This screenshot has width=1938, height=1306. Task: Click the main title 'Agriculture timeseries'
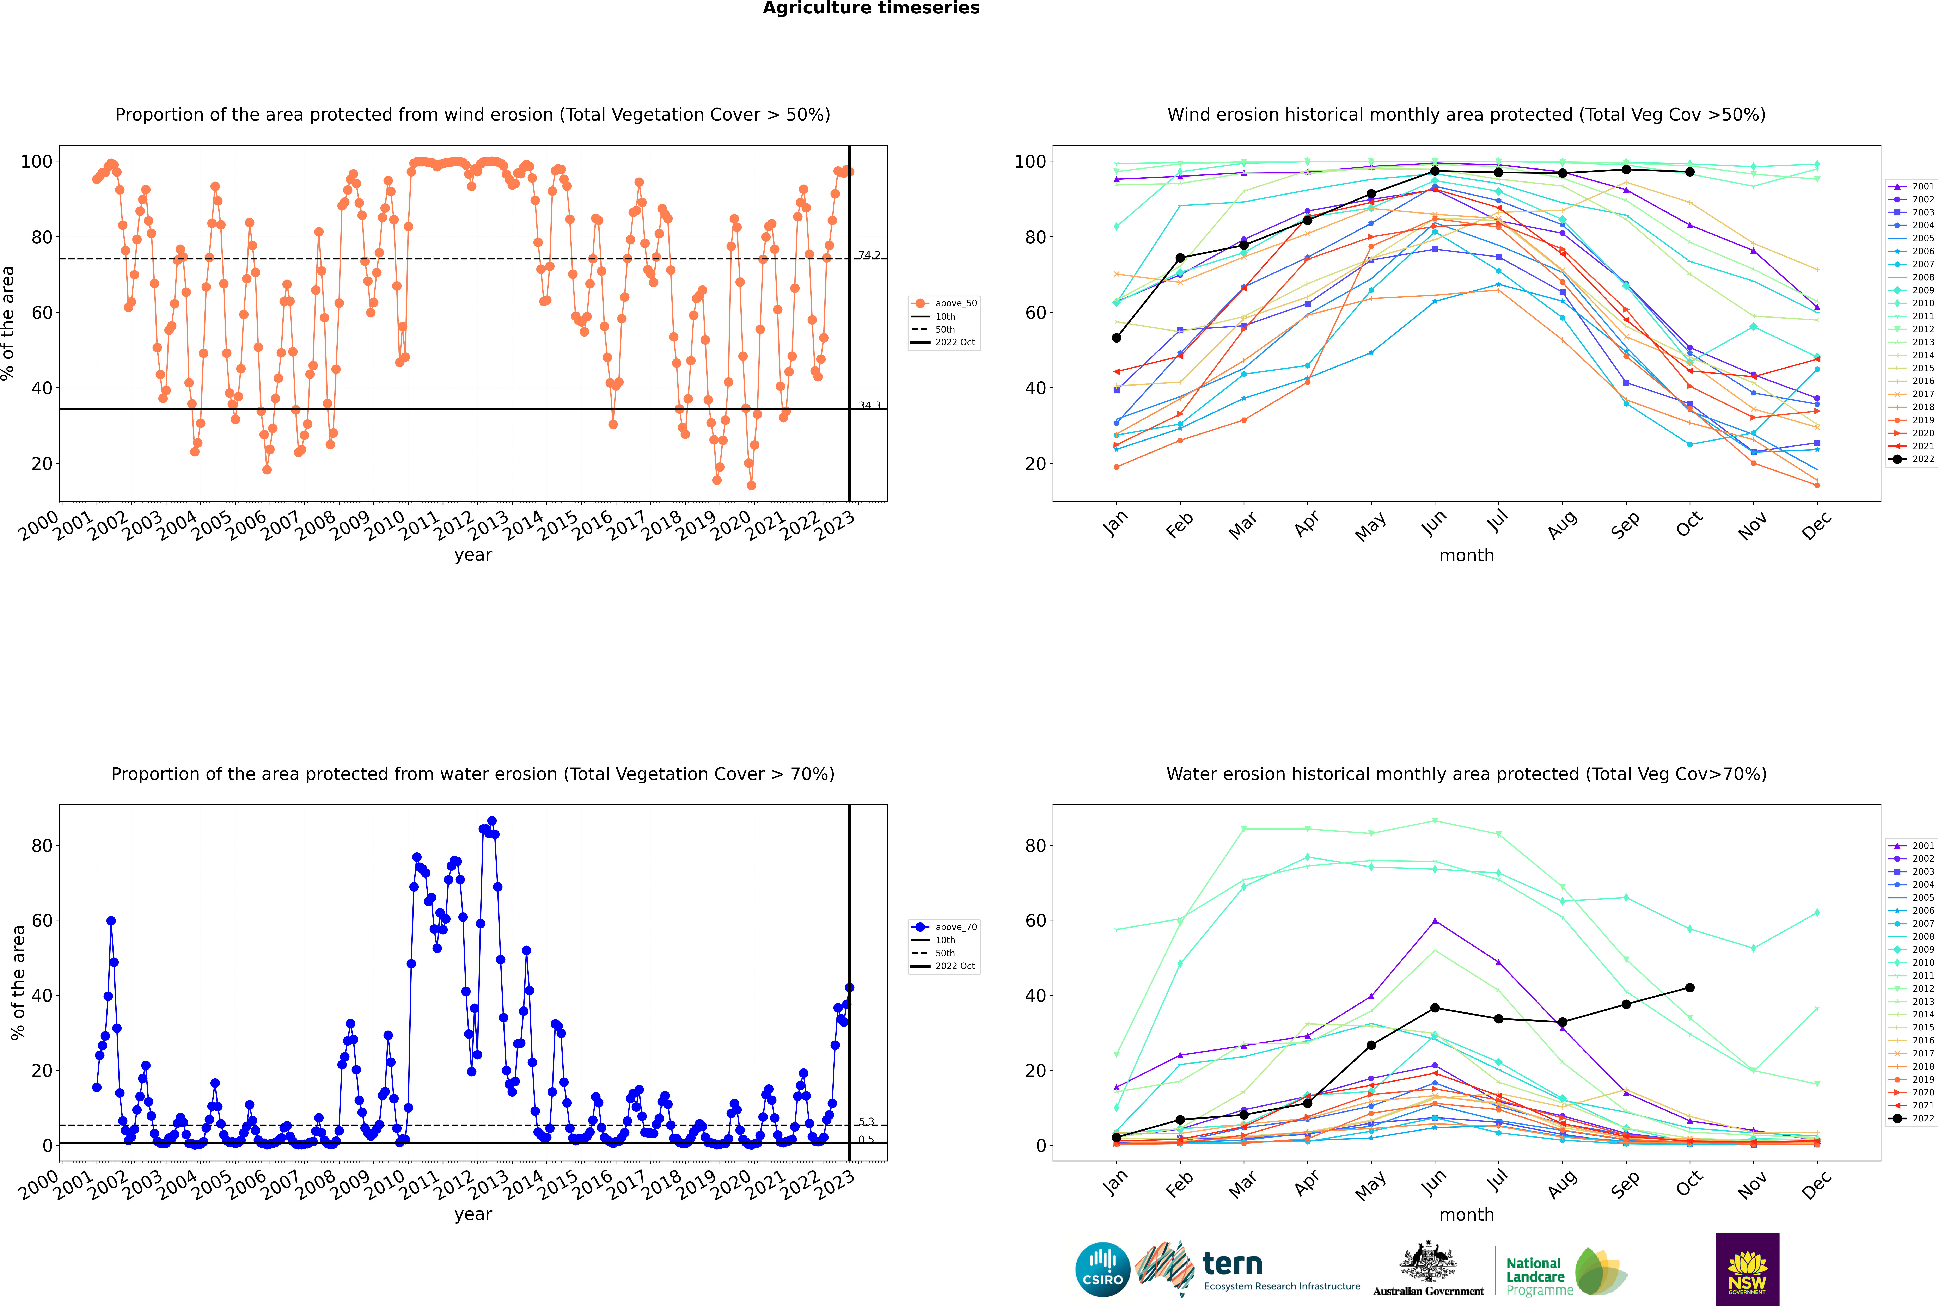tap(871, 8)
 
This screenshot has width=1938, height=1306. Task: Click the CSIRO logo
tap(1102, 1269)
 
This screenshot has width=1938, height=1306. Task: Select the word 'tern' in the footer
tap(1232, 1264)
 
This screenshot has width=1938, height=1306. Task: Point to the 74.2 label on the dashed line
tap(869, 255)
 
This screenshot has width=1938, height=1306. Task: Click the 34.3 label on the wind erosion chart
tap(869, 406)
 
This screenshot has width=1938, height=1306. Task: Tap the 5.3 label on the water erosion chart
tap(867, 1122)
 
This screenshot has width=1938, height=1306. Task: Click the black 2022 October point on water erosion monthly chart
tap(1690, 988)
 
